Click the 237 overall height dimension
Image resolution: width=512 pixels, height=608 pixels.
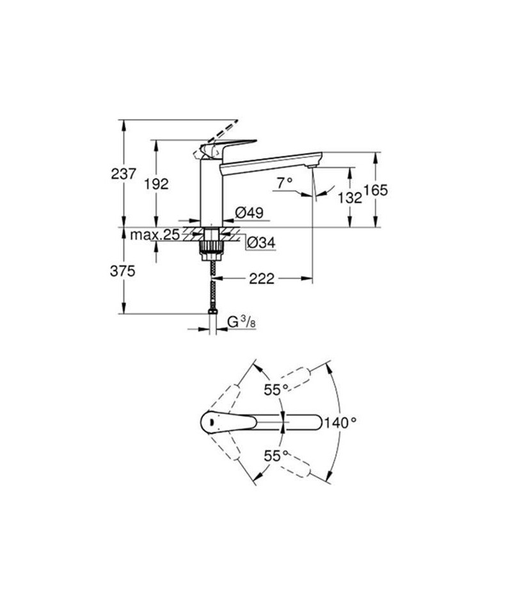(x=124, y=173)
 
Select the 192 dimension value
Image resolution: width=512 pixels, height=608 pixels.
(x=157, y=184)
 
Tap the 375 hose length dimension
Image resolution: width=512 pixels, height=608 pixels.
(x=123, y=271)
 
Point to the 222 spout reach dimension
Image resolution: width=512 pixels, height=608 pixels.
(x=261, y=278)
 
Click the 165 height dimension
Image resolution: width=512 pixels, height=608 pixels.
(x=376, y=190)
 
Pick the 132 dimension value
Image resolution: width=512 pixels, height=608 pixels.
(x=350, y=198)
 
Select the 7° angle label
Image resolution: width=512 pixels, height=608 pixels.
(x=284, y=182)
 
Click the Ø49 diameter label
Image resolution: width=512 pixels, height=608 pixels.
(x=250, y=212)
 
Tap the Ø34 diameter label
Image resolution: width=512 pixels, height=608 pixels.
(x=261, y=243)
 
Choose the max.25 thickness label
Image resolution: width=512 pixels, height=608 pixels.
(x=155, y=235)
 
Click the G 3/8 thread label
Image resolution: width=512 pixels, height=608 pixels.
(x=241, y=322)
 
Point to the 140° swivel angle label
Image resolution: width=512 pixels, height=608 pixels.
(x=340, y=422)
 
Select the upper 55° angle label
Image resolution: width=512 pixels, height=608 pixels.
(x=277, y=389)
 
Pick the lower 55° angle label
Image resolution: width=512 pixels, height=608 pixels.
(x=277, y=456)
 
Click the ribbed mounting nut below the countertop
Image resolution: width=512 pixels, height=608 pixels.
(x=211, y=248)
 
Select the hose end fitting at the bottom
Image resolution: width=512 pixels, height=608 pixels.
(x=212, y=311)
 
